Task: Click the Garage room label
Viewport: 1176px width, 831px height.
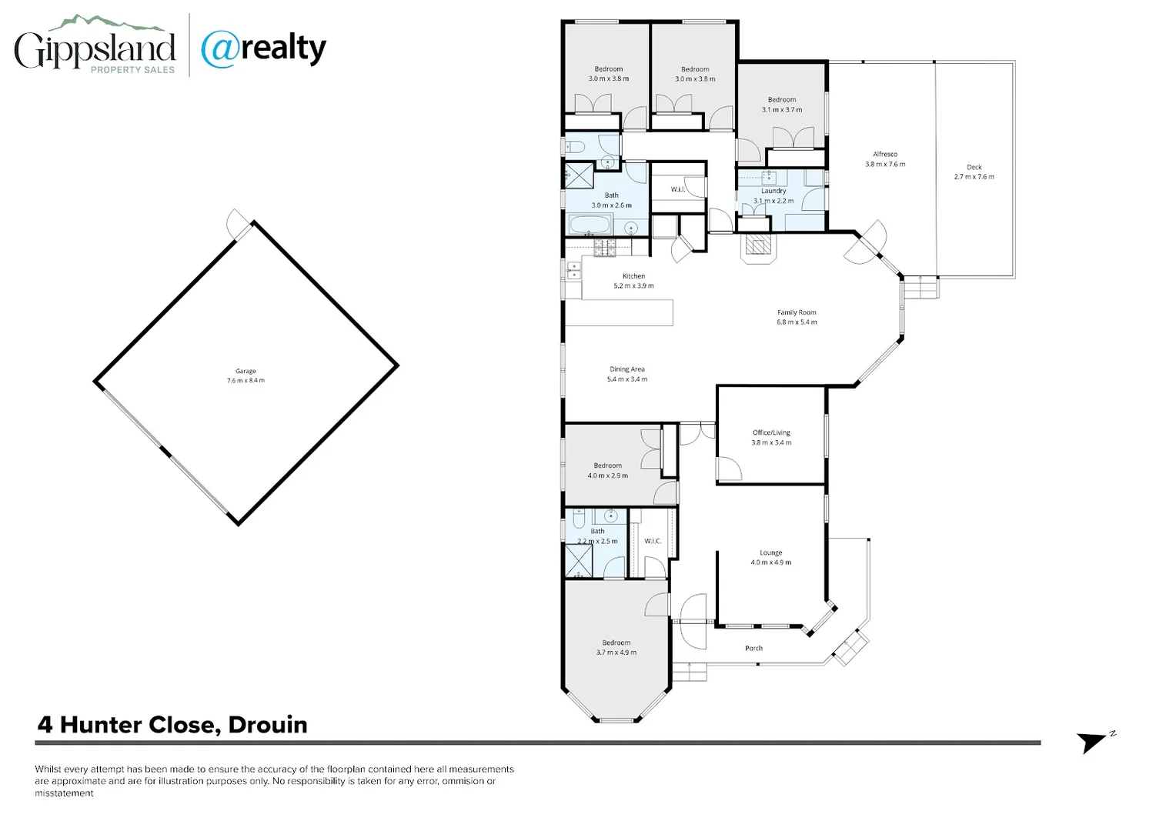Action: pos(246,371)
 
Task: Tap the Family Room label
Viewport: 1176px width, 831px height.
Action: pos(797,312)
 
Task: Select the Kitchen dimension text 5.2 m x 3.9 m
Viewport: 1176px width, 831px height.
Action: pos(633,286)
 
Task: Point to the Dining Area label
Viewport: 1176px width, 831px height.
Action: pos(626,369)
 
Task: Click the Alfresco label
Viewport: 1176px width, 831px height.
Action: pos(885,154)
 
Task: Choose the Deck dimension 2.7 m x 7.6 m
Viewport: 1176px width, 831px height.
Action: pos(974,177)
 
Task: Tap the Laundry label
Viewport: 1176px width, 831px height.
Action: pos(773,191)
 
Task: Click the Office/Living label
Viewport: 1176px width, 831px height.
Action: pos(771,432)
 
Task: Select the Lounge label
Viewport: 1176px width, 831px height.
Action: pos(770,552)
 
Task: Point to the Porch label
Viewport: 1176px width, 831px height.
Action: pos(753,648)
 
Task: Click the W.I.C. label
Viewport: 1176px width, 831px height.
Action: pos(653,541)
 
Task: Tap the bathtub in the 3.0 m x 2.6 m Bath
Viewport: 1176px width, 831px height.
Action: pos(590,225)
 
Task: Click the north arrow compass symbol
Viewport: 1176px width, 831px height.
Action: pos(1091,742)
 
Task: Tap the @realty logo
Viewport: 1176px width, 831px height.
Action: pos(263,48)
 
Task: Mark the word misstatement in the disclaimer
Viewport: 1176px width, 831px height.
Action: pos(64,793)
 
